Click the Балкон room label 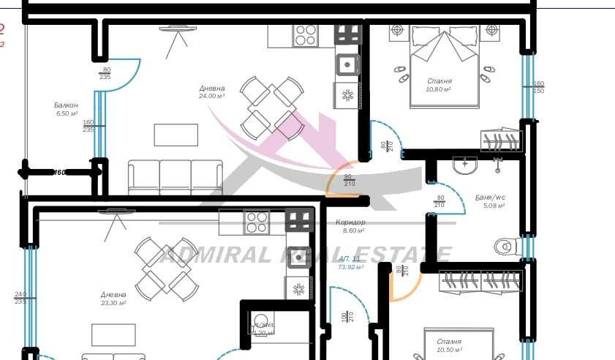click(x=66, y=105)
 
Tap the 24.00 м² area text click(x=211, y=96)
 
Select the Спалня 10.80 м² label click(x=439, y=81)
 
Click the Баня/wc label click(x=490, y=198)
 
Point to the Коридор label click(x=350, y=222)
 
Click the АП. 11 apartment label click(x=350, y=259)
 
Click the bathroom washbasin click(x=465, y=165)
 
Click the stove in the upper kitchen click(x=306, y=35)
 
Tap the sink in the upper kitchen click(x=347, y=65)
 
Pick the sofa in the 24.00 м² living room click(x=176, y=178)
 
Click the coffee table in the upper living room click(x=176, y=135)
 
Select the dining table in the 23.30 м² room click(x=165, y=269)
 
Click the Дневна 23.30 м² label click(x=113, y=298)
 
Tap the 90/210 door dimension click(x=349, y=179)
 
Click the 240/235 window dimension click(x=20, y=298)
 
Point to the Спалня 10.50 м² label click(x=449, y=345)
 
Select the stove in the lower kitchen click(x=256, y=222)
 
